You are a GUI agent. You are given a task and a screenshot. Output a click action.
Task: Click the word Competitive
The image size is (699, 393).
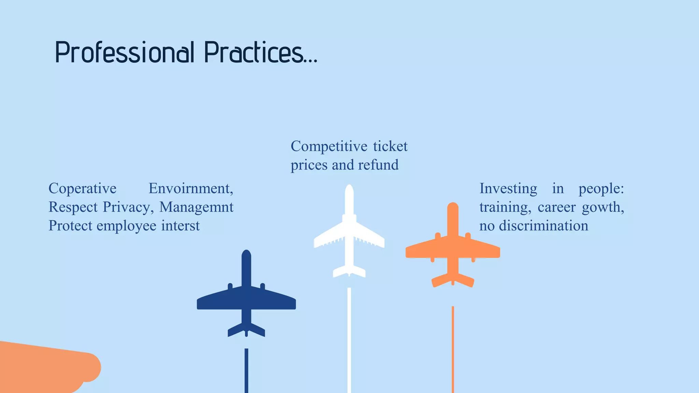329,146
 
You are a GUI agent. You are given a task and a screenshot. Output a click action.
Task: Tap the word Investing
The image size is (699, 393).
508,188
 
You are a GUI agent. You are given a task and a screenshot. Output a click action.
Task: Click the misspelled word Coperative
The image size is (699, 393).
83,188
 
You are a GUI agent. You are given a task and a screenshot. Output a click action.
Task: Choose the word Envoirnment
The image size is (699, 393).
191,188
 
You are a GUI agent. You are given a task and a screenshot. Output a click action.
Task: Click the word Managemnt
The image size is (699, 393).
196,207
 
